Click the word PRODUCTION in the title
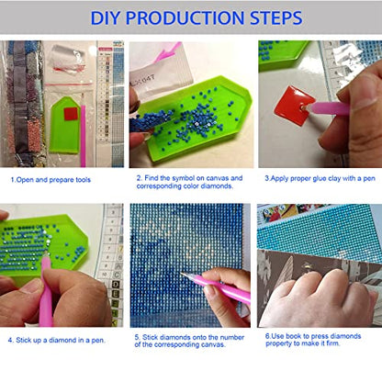tap(185, 17)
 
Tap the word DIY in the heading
tap(105, 17)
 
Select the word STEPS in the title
tap(276, 17)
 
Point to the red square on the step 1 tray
tap(71, 114)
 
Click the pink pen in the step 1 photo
tap(83, 130)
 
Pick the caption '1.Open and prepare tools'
tap(51, 180)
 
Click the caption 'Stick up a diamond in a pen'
tap(60, 340)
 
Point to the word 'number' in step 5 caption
tap(232, 337)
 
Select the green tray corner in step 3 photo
tap(282, 55)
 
